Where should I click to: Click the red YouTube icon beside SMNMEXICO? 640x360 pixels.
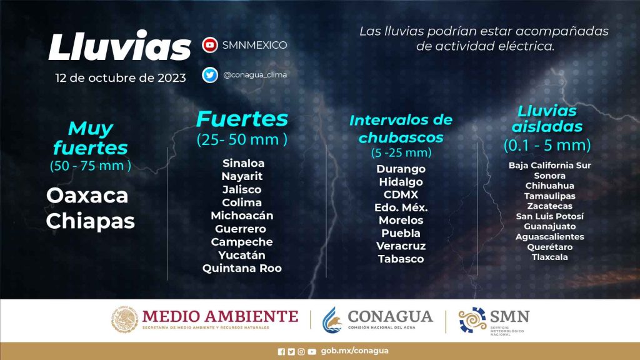tap(210, 45)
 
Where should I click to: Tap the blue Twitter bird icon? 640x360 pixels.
tap(210, 75)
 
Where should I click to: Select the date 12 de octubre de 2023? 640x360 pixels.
tap(121, 78)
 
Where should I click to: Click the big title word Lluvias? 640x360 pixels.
tap(119, 46)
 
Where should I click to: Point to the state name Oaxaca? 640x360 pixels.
tap(87, 196)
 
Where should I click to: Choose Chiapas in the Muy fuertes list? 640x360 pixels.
tap(90, 222)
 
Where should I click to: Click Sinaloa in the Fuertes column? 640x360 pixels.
tap(243, 163)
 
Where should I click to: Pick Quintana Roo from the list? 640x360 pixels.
tap(242, 268)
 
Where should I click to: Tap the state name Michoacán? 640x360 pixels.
tap(242, 216)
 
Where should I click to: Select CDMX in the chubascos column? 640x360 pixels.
tap(401, 195)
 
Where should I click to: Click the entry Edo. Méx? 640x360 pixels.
tap(401, 207)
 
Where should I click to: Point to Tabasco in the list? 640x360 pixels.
tap(401, 259)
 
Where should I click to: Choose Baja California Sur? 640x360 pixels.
tap(549, 165)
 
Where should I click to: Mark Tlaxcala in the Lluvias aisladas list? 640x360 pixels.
tap(549, 257)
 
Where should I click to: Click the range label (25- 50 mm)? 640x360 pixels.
tap(242, 139)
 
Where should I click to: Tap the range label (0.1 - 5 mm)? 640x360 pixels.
tap(547, 145)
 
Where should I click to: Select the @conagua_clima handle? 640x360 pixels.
tap(255, 75)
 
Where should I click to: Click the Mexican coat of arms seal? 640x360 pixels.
tap(124, 319)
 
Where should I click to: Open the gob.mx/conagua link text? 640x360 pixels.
tap(355, 351)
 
